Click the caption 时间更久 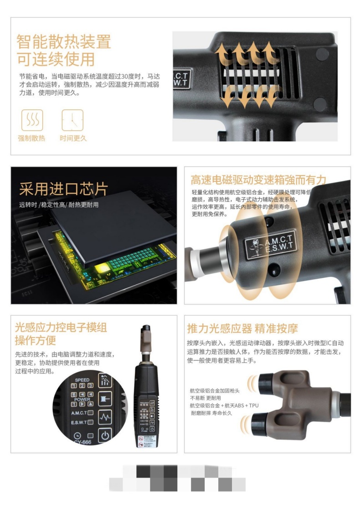coord(72,138)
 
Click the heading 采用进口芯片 coord(63,189)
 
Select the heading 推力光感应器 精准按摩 coord(242,328)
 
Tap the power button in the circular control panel coord(105,435)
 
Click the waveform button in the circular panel coord(105,416)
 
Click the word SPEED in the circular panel coord(82,380)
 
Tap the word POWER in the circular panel coord(82,400)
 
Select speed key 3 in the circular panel coord(90,386)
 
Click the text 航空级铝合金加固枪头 coord(214,391)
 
